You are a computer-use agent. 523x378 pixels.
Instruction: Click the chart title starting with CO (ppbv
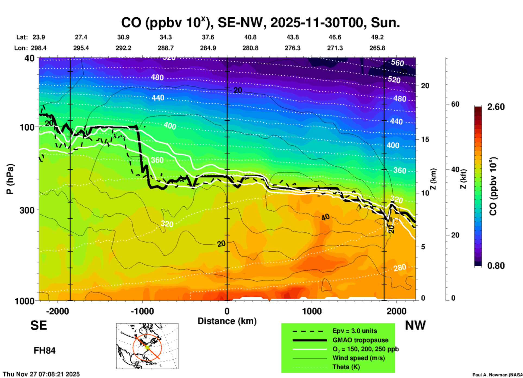(260, 23)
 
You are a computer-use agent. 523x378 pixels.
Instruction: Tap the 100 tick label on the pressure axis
(27, 127)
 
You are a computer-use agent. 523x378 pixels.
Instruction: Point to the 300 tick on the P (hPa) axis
(27, 210)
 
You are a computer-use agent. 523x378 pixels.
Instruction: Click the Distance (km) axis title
(227, 321)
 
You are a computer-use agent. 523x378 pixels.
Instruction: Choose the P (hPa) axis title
(10, 179)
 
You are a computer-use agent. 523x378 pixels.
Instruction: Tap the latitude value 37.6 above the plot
(208, 37)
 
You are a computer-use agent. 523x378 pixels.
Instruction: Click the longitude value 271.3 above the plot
(335, 48)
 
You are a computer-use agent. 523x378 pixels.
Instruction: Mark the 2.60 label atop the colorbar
(496, 107)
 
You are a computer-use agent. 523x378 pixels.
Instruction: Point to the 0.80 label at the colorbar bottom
(496, 266)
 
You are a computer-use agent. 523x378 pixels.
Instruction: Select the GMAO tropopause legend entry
(360, 340)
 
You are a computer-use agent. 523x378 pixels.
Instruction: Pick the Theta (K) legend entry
(346, 367)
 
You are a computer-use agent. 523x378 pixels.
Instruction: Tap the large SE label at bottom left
(39, 325)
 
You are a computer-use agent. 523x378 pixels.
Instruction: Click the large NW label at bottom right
(415, 325)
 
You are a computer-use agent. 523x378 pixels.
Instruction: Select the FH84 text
(45, 351)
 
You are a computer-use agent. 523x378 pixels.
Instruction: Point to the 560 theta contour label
(397, 63)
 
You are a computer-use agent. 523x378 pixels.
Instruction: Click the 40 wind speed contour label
(325, 217)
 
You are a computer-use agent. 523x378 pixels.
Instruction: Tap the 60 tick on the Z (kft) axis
(455, 104)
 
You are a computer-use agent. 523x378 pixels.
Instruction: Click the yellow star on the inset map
(147, 347)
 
